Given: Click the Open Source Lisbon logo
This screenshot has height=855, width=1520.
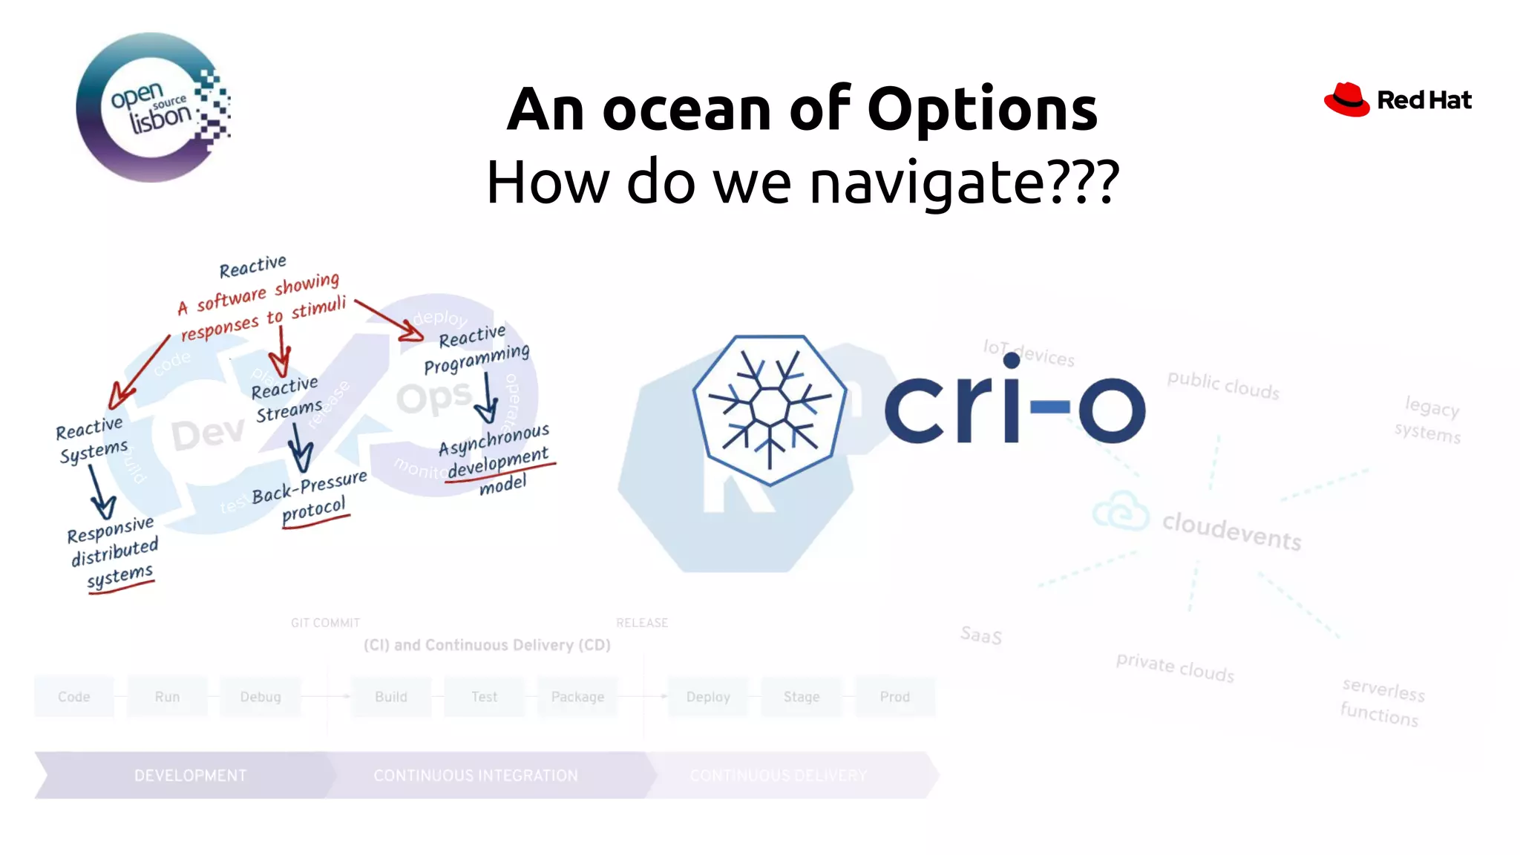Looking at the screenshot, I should coord(153,108).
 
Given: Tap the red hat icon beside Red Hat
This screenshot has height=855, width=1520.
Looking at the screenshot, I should coord(1346,100).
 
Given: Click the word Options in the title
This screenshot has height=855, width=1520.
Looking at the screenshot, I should coord(982,109).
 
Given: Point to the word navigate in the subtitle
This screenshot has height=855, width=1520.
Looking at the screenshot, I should coord(926,183).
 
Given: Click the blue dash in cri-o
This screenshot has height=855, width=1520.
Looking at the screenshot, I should coord(1050,406).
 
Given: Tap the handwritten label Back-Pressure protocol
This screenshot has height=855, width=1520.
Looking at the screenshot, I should coord(310,497).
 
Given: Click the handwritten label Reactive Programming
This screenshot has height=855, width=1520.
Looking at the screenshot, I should coord(476,348).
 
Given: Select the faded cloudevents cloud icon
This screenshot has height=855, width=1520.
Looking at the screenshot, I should coord(1121,511).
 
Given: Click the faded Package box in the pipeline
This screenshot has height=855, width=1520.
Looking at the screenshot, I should coord(577,697).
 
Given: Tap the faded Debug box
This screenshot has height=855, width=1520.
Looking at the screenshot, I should coord(261,697).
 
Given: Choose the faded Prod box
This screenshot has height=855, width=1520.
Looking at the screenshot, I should coord(894,697).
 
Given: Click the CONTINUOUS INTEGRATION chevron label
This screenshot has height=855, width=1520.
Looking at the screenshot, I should coord(476,776).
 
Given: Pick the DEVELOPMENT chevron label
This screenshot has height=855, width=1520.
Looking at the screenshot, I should coord(190,776).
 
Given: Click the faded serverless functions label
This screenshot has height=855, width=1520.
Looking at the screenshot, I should coord(1382,701).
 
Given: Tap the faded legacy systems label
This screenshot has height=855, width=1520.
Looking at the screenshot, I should coord(1429,420).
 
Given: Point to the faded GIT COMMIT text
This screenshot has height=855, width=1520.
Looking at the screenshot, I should coord(325,623).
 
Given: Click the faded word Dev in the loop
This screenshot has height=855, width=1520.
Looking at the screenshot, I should coord(208,433).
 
